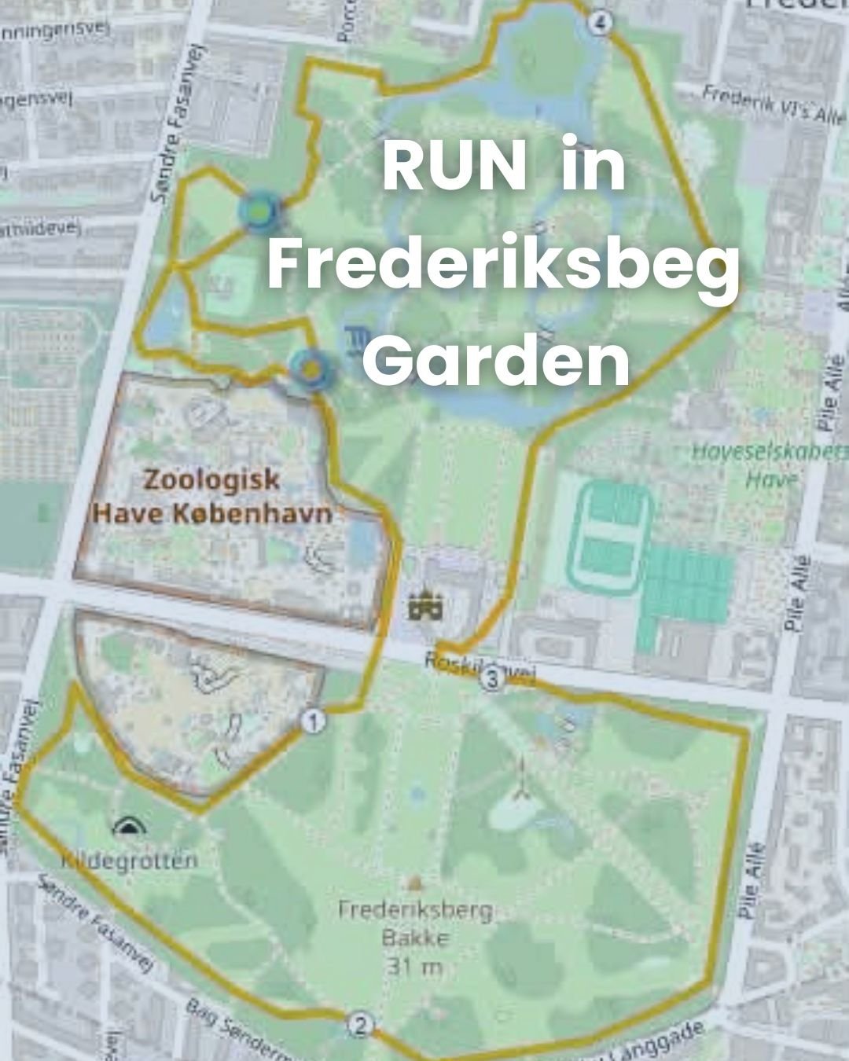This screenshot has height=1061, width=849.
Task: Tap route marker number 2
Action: click(x=360, y=1025)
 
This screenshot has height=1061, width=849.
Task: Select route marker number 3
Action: click(x=492, y=681)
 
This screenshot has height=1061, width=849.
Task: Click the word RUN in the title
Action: click(x=454, y=169)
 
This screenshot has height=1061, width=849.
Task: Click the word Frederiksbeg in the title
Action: click(x=504, y=267)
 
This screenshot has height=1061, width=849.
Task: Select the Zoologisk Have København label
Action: click(x=211, y=496)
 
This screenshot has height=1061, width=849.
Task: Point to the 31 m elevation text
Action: click(x=414, y=967)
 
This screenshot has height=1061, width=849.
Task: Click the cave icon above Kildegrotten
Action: click(x=127, y=826)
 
